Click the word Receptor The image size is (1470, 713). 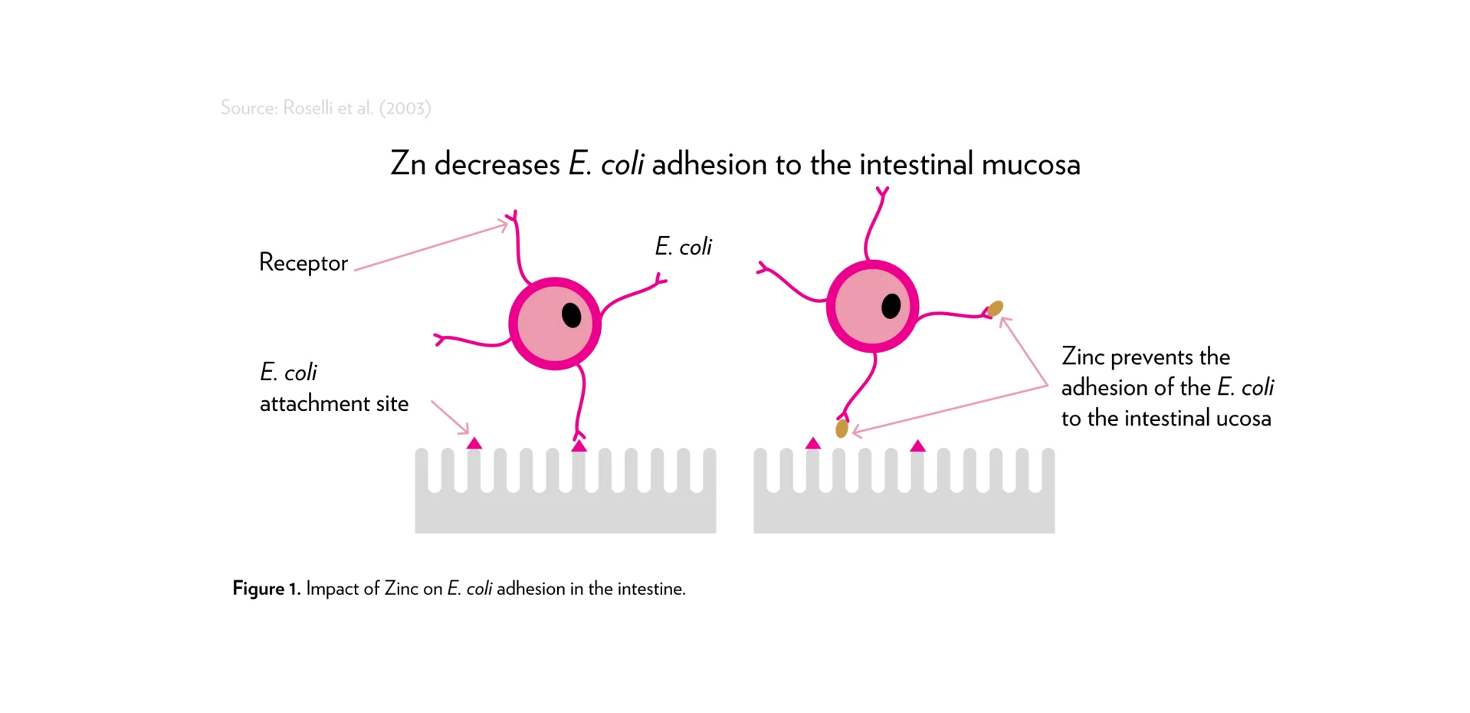303,263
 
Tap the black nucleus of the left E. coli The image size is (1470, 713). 572,315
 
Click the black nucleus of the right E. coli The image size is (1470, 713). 891,306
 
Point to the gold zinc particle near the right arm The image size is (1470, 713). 995,309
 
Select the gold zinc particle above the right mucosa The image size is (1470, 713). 842,429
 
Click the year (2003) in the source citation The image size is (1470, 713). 405,108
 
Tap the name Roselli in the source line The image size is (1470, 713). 308,108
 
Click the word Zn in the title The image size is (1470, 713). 408,164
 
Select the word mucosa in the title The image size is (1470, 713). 1030,164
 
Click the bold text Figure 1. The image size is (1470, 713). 266,589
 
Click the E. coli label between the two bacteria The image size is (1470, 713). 683,247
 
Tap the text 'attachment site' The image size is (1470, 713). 333,404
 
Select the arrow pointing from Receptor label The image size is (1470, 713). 431,247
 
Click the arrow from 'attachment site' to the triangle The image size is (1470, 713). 450,418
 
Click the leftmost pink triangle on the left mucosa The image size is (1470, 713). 474,443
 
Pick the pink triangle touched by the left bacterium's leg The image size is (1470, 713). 579,445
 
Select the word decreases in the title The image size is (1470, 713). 497,164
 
